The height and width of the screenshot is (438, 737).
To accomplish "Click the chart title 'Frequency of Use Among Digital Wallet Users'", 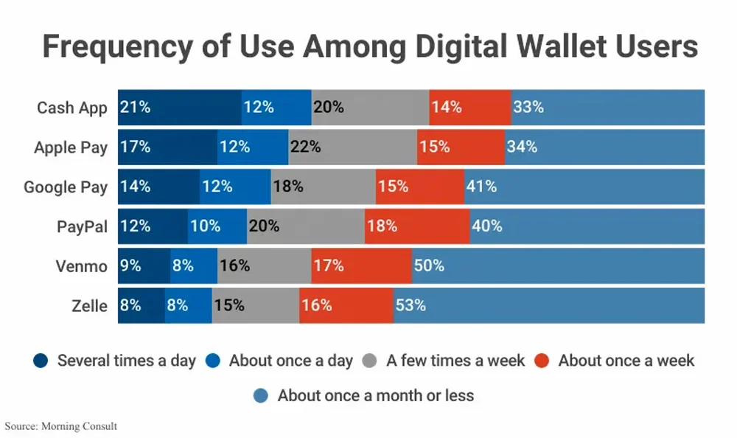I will [369, 46].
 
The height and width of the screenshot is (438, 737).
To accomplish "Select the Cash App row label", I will [72, 108].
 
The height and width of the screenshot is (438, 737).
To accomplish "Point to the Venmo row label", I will [81, 266].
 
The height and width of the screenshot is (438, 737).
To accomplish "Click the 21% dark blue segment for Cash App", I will [179, 108].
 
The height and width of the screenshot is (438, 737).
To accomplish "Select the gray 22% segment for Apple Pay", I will [352, 147].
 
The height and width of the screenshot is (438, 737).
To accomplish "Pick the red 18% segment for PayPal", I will [416, 226].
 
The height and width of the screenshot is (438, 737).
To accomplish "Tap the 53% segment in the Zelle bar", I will [548, 305].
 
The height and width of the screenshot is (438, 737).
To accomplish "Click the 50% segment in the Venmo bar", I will [558, 266].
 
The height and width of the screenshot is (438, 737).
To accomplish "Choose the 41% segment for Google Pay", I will [584, 187].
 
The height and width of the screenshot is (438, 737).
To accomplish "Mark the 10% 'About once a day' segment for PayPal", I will [217, 226].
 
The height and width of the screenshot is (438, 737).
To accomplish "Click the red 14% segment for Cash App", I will [469, 108].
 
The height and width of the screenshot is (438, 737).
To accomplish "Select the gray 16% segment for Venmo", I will [264, 266].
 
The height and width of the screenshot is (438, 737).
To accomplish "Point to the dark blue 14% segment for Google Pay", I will [158, 187].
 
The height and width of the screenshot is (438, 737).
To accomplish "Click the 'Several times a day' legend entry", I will [115, 361].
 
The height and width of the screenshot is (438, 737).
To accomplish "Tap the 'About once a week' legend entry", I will [615, 361].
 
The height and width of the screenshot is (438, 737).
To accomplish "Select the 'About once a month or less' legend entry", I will [365, 395].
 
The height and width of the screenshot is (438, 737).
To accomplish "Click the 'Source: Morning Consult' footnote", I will [61, 426].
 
